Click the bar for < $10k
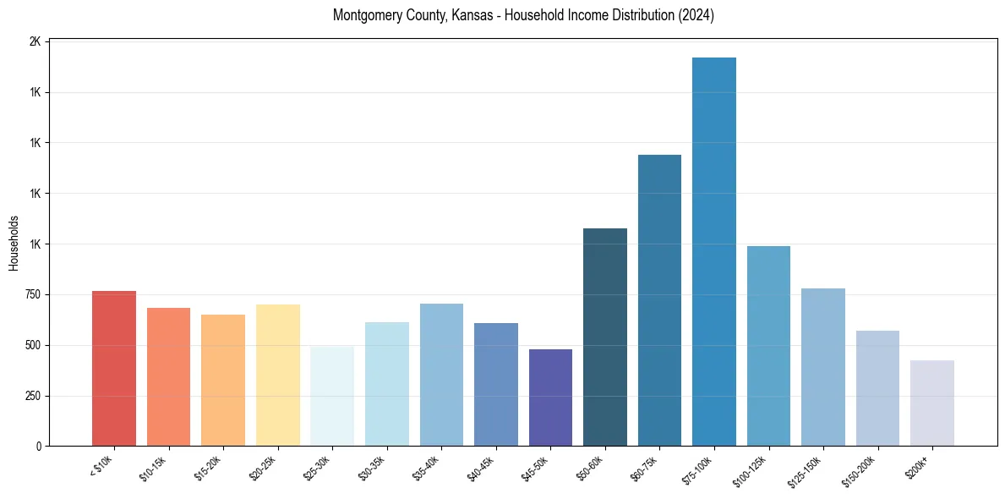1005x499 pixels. pyautogui.click(x=114, y=369)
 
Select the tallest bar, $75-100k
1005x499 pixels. pyautogui.click(x=714, y=252)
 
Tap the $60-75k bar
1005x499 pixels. pyautogui.click(x=659, y=300)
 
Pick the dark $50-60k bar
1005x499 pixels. pyautogui.click(x=605, y=337)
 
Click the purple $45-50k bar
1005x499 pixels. pyautogui.click(x=550, y=398)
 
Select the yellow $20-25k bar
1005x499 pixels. pyautogui.click(x=278, y=376)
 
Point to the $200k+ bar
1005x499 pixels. pyautogui.click(x=932, y=403)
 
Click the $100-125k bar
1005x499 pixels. pyautogui.click(x=768, y=346)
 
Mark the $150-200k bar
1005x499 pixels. pyautogui.click(x=877, y=388)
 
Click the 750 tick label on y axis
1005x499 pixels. pyautogui.click(x=32, y=295)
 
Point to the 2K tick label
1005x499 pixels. pyautogui.click(x=36, y=41)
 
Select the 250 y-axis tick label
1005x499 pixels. pyautogui.click(x=32, y=396)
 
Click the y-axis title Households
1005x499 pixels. pyautogui.click(x=14, y=244)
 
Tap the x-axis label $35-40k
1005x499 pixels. pyautogui.click(x=427, y=468)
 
